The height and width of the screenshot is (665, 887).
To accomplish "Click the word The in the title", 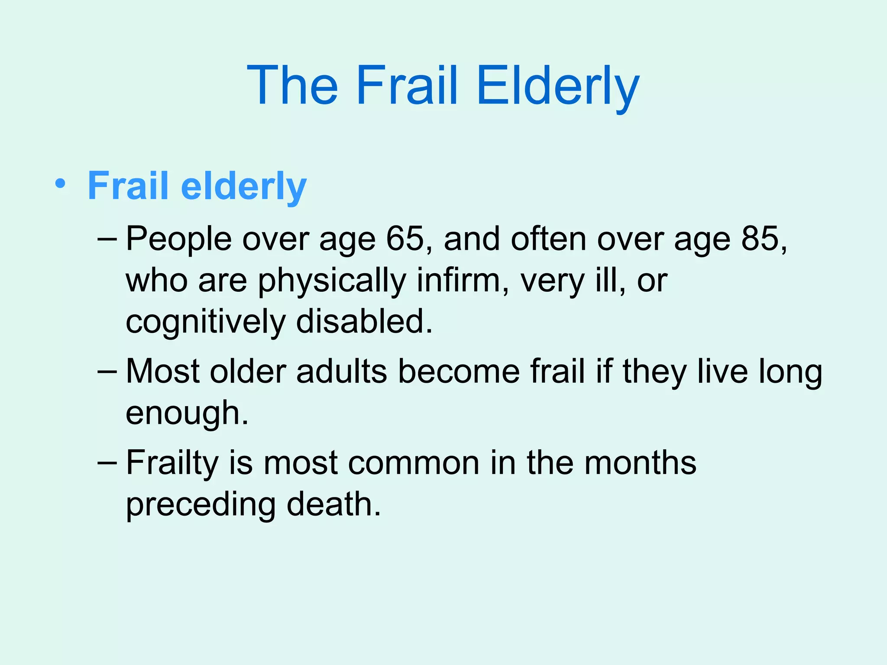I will click(293, 85).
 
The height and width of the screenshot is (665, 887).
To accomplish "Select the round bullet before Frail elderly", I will click(61, 184).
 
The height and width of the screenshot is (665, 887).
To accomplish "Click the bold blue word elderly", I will click(243, 186).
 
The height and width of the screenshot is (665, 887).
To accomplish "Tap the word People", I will click(178, 239).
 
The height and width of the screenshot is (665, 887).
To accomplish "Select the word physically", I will click(332, 281).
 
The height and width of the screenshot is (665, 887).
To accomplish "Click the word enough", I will click(186, 413).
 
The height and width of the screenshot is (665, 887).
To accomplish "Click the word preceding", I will click(201, 505).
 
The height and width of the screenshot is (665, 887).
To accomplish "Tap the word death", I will click(333, 504).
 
